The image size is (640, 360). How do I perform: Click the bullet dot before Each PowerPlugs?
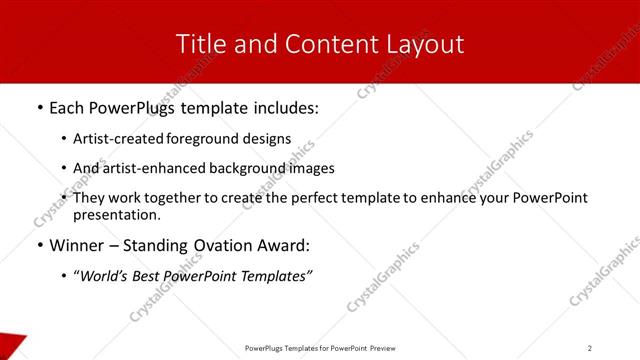click(39, 105)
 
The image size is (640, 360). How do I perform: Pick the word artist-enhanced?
click(149, 168)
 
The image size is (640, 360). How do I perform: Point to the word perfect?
click(310, 198)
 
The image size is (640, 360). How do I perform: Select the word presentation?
click(116, 215)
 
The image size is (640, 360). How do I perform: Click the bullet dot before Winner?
click(39, 245)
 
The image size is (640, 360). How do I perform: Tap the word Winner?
click(76, 245)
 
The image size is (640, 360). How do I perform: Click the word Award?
click(285, 245)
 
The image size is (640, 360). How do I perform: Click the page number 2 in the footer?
click(590, 348)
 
